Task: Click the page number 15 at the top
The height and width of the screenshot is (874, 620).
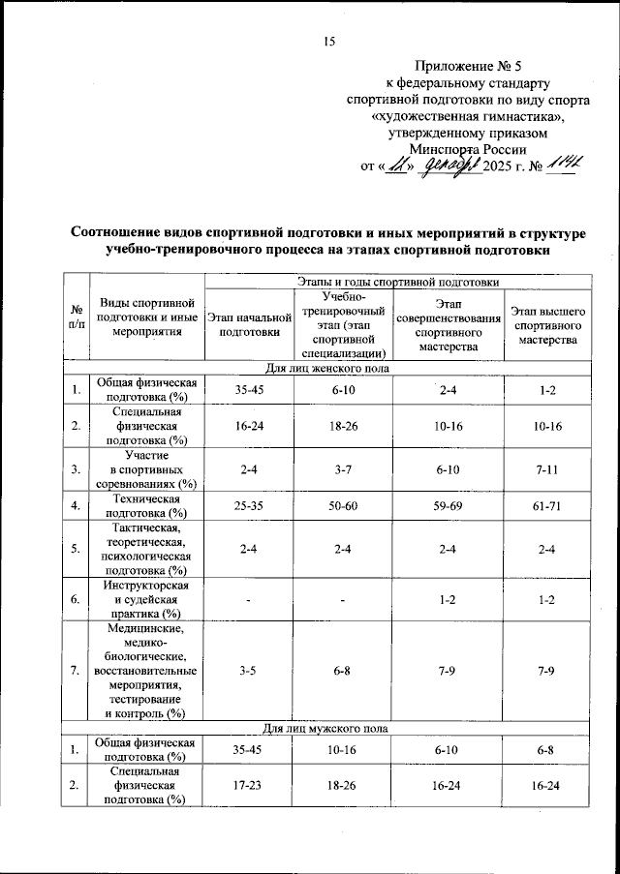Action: tap(328, 41)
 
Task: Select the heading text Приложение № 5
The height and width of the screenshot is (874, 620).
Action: tap(467, 67)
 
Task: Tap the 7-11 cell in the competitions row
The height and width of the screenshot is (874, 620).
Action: tap(547, 469)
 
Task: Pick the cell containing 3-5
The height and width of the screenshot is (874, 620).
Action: tap(249, 669)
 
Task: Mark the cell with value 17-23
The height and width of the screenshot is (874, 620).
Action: tap(249, 786)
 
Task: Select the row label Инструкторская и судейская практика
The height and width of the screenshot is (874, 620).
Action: tap(144, 600)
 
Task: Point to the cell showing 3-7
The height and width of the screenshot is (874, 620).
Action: tap(343, 469)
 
